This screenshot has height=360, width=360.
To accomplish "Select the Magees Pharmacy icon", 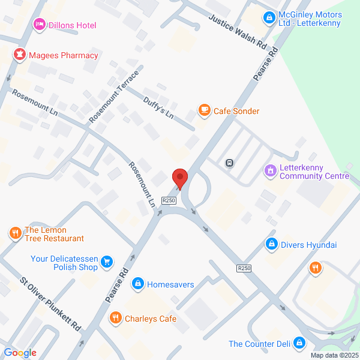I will (x=20, y=55).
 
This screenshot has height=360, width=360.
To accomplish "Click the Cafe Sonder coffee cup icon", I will (x=205, y=110).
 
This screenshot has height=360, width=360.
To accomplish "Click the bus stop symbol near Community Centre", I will (x=229, y=163).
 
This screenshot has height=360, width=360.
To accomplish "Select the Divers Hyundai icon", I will (x=272, y=244).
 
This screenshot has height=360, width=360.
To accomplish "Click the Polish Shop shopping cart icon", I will (x=107, y=261).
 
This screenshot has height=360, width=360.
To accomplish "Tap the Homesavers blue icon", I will (x=138, y=283).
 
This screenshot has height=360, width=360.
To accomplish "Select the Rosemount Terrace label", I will (x=113, y=97).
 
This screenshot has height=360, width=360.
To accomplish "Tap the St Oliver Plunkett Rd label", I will (x=50, y=305).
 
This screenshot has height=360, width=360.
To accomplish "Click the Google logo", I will (x=20, y=352).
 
